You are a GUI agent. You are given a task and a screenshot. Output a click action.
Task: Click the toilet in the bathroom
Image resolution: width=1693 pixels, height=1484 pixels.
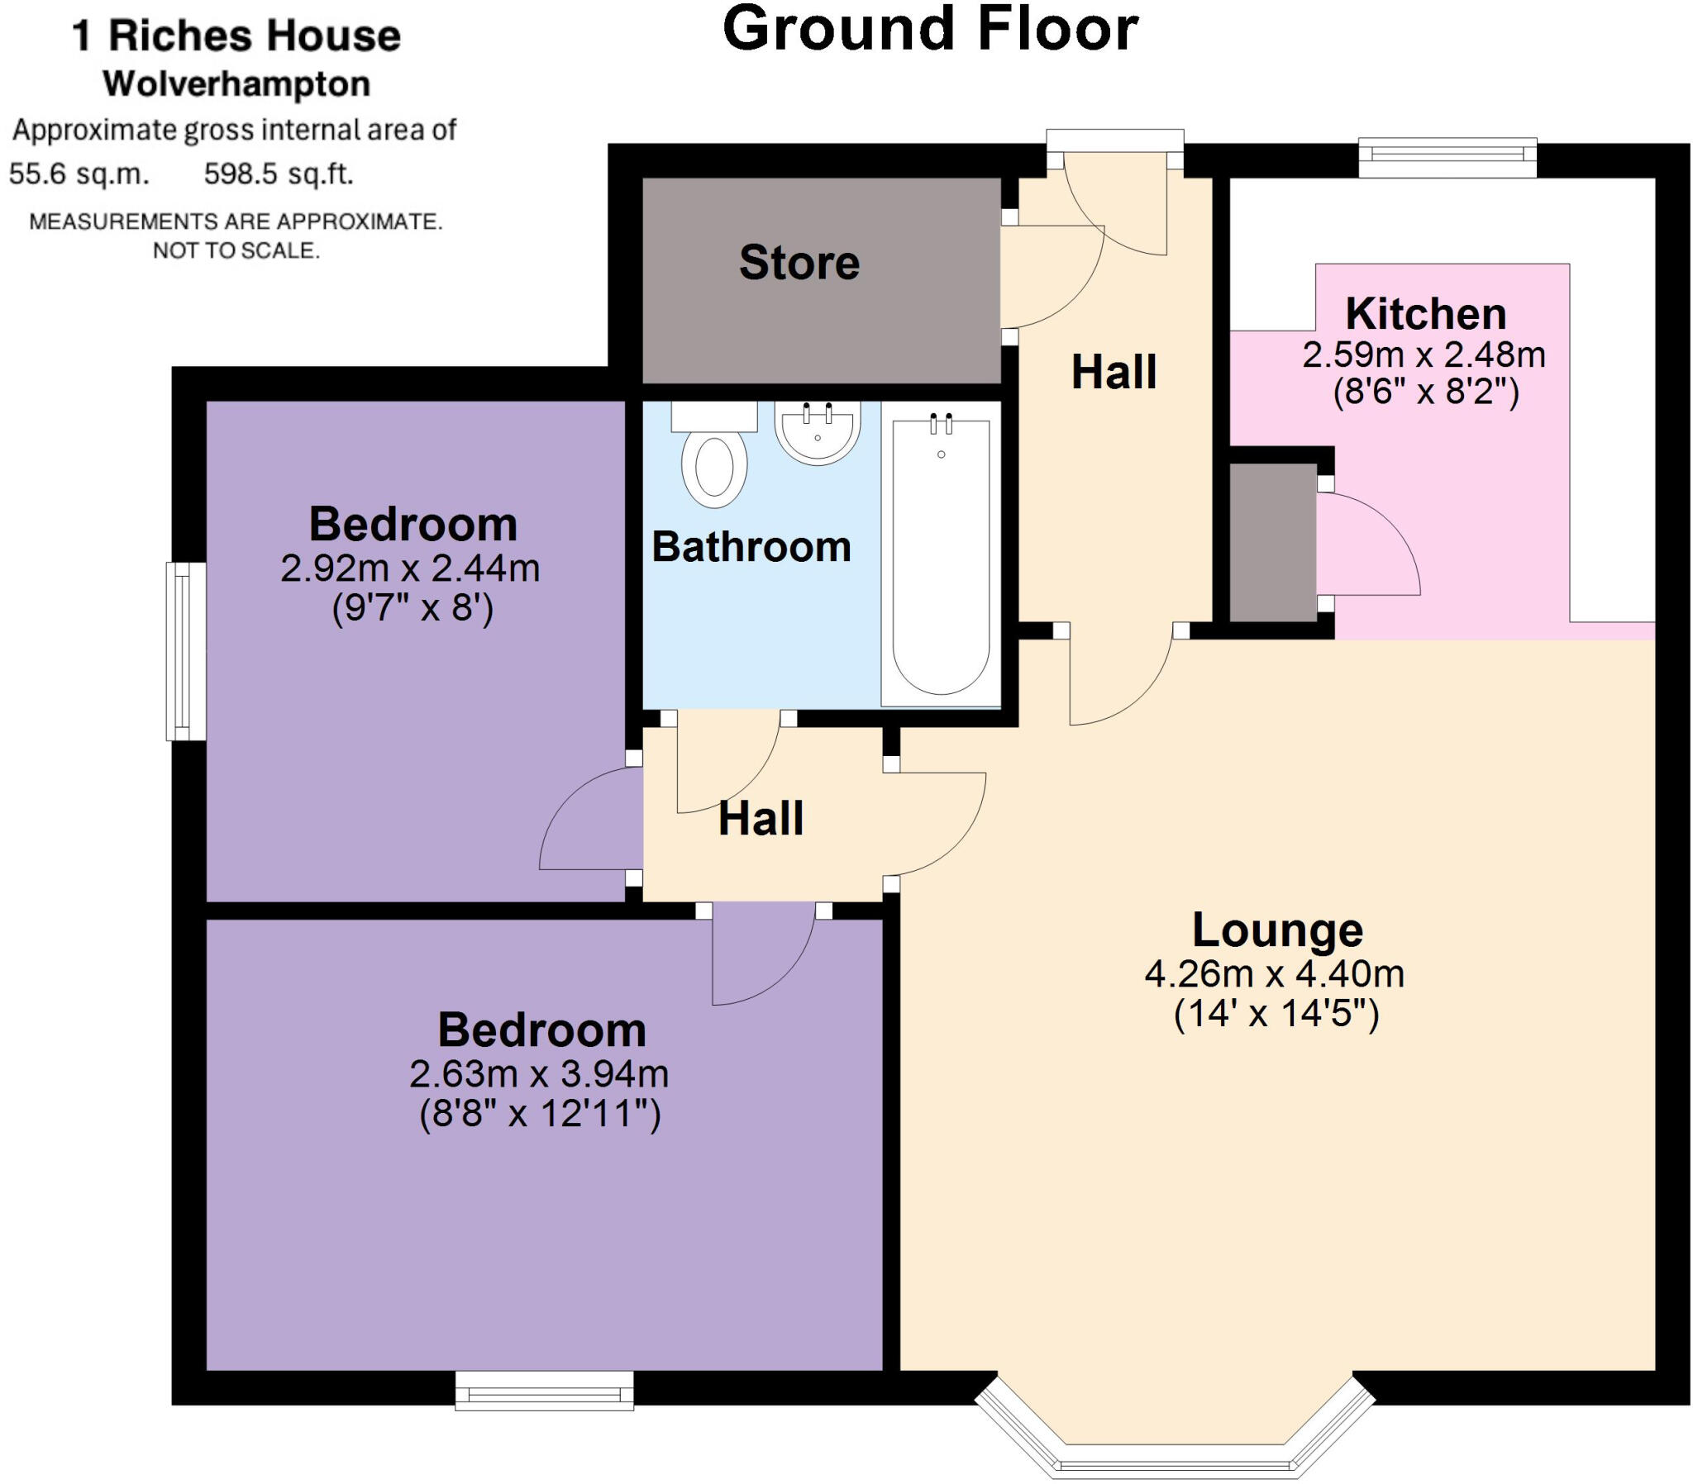pos(714,464)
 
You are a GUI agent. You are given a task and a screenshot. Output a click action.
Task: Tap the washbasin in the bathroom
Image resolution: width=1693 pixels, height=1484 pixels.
pos(818,431)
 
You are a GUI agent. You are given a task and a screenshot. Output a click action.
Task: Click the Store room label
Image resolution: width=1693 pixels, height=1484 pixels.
pos(799,263)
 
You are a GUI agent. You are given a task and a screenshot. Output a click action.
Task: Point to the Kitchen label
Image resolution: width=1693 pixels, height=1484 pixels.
pos(1425,314)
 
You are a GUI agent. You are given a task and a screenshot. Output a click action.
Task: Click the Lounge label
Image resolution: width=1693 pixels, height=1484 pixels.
pos(1277,930)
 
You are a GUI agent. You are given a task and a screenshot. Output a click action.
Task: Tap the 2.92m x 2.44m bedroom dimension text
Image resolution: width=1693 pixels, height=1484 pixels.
pos(410,569)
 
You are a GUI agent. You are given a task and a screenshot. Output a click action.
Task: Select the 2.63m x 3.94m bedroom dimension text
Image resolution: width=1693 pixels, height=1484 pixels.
pos(539,1074)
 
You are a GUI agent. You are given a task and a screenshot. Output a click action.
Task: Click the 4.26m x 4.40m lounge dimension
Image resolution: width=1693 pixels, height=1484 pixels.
pos(1274,974)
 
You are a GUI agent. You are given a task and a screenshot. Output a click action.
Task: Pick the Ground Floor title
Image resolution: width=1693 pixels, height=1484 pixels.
pos(930,29)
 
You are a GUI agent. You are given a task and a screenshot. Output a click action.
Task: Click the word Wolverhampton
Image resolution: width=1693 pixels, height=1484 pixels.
pos(236,84)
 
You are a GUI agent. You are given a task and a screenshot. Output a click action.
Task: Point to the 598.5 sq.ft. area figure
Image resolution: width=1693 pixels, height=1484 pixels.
pos(279,174)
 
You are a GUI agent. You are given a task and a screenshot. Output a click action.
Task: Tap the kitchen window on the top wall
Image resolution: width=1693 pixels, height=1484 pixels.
pos(1447,155)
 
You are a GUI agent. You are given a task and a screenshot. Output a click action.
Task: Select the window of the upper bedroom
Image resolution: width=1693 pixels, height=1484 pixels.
pos(185,651)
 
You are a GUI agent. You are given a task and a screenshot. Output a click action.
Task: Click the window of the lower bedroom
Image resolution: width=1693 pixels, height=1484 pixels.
pos(544,1392)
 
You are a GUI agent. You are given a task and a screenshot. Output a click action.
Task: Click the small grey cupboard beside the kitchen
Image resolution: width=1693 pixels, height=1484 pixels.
pos(1273,542)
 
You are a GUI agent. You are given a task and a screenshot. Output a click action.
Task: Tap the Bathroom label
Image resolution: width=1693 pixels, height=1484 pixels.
pos(751,547)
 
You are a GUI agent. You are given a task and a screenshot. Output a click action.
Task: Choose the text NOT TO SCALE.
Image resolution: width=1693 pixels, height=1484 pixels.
pos(236,250)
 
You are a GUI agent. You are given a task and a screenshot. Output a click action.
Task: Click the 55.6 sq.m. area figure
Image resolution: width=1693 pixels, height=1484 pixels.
pos(79,174)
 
